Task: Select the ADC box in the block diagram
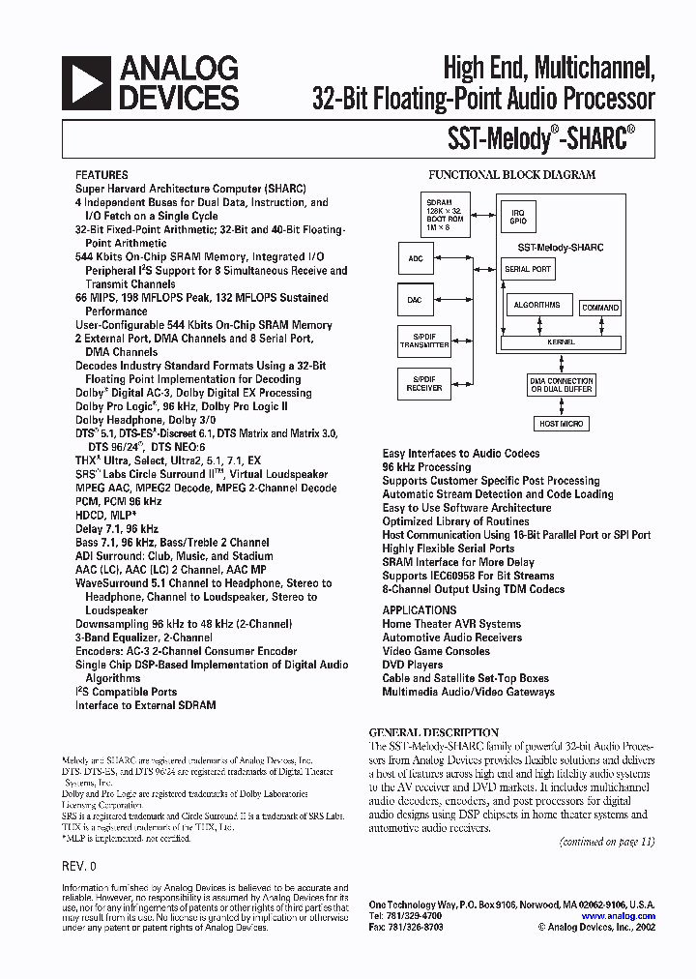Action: (x=415, y=258)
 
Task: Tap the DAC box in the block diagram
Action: (x=415, y=300)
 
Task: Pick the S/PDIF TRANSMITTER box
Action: (x=424, y=341)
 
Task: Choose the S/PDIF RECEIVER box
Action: (x=424, y=382)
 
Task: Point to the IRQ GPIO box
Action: (x=519, y=216)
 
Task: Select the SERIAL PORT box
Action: (x=529, y=269)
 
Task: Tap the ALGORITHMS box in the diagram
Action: (x=537, y=306)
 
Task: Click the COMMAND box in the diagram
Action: (x=600, y=308)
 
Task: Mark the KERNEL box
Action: (x=561, y=341)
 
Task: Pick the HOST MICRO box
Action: (x=562, y=424)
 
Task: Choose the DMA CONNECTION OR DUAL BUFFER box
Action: (x=562, y=384)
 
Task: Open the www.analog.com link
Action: (x=619, y=916)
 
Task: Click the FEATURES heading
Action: (x=101, y=174)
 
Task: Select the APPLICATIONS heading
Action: (x=419, y=610)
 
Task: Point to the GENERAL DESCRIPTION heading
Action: (x=433, y=732)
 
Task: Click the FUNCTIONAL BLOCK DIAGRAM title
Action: (x=511, y=175)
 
